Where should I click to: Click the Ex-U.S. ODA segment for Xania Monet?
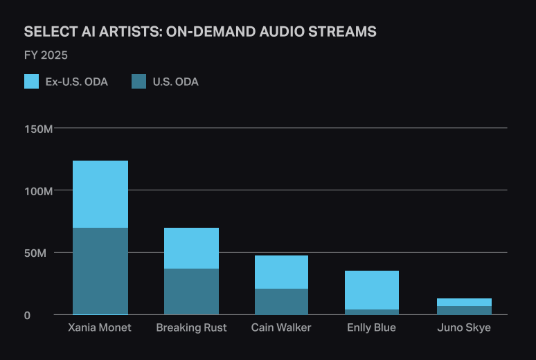(x=100, y=194)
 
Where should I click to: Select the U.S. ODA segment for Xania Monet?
(x=100, y=271)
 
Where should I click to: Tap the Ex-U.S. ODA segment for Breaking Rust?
(x=191, y=248)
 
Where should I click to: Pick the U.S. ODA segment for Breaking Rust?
(x=191, y=291)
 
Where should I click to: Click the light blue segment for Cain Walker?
(x=281, y=272)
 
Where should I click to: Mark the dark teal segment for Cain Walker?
(x=281, y=301)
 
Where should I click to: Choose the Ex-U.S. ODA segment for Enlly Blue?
(x=372, y=290)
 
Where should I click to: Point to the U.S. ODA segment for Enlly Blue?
(x=372, y=312)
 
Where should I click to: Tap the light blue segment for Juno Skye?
(x=464, y=302)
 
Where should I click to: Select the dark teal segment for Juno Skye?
(x=464, y=310)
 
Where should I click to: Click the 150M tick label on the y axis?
(x=39, y=129)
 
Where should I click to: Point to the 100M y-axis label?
(x=39, y=190)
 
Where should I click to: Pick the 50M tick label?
(x=41, y=253)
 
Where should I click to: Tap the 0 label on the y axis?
(x=47, y=316)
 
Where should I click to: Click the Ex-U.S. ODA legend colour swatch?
(x=31, y=82)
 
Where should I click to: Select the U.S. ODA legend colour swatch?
(x=139, y=82)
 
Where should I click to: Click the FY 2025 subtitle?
(x=46, y=55)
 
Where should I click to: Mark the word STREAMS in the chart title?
(x=345, y=32)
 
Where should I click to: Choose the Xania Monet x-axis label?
(x=100, y=327)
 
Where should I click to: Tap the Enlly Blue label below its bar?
(x=372, y=327)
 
